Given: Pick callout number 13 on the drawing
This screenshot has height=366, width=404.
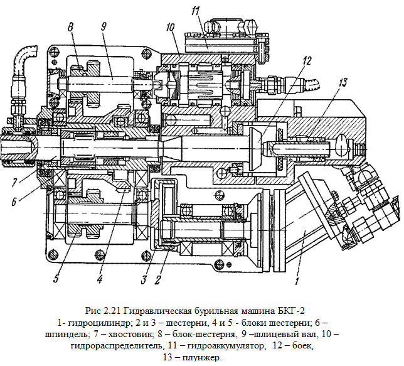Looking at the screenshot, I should click(342, 82).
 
